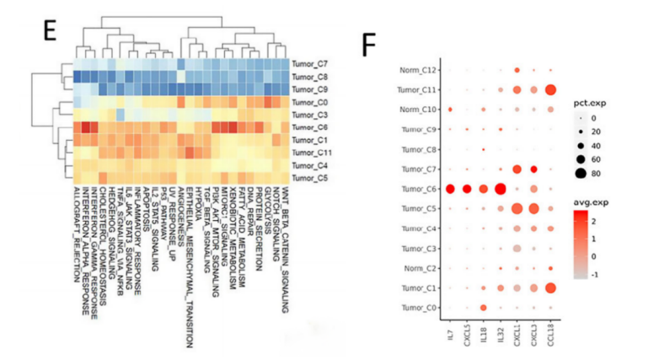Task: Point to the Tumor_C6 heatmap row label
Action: click(x=311, y=126)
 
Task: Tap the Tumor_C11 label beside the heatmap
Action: click(x=313, y=153)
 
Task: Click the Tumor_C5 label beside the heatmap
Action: click(x=311, y=178)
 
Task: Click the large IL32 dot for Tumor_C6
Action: click(x=500, y=189)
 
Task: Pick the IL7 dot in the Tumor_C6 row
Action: click(x=450, y=189)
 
